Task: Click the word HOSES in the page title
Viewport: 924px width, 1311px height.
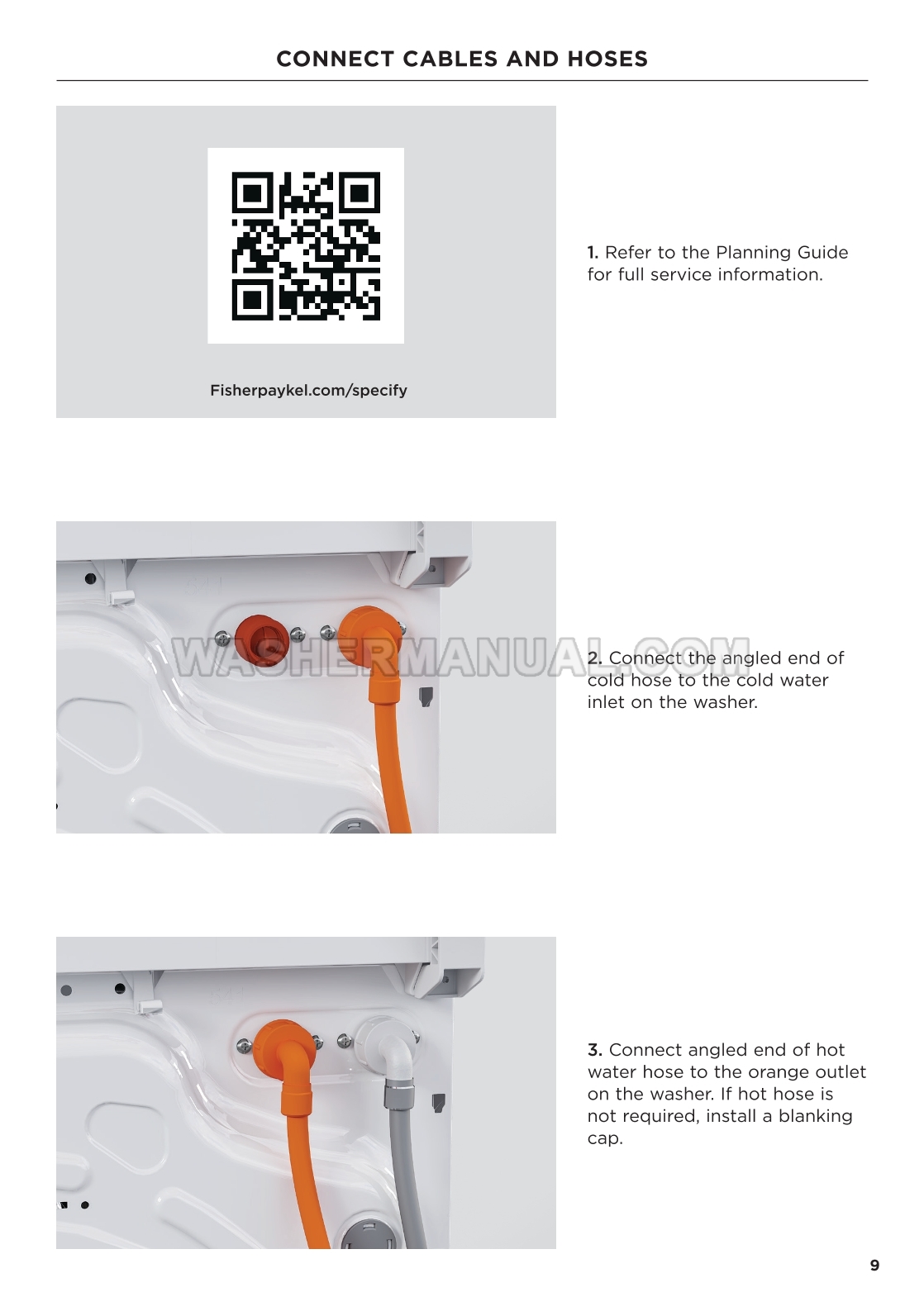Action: pos(607,59)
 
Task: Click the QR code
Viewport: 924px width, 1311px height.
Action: pos(306,246)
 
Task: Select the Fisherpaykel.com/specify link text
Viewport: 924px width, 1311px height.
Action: pos(308,391)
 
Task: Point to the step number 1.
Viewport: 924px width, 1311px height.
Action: pos(593,252)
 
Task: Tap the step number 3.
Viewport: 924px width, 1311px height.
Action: pos(595,1049)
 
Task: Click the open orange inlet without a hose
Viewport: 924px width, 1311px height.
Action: pos(262,635)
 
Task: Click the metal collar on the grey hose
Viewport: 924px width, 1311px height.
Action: pos(398,1095)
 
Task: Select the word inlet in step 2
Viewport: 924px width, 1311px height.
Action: pos(606,701)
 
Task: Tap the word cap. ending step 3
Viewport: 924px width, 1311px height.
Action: pos(605,1139)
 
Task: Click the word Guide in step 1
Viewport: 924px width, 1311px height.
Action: pos(822,252)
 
